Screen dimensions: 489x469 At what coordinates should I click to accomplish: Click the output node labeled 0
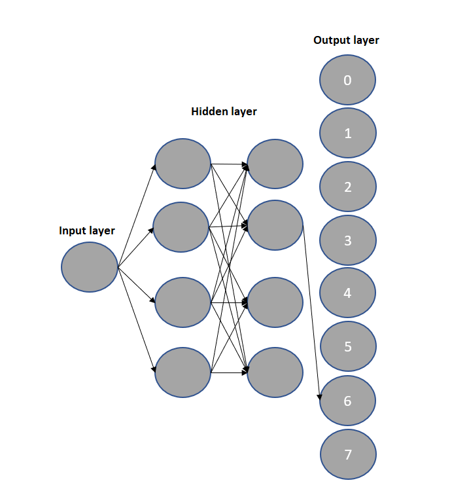point(347,81)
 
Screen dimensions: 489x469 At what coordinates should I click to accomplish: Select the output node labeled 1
point(347,134)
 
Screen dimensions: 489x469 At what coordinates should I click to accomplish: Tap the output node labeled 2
point(347,187)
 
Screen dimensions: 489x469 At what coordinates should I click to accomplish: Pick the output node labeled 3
point(347,240)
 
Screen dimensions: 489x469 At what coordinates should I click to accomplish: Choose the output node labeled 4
point(347,293)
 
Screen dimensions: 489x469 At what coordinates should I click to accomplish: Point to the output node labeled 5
point(347,346)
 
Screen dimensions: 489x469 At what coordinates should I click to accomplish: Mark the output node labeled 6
point(347,400)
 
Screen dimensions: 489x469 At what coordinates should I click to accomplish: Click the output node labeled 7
point(347,454)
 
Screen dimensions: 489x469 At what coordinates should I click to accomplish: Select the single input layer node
point(89,267)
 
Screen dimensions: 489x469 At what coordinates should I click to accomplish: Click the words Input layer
point(87,230)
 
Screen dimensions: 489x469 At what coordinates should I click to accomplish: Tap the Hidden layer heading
point(224,111)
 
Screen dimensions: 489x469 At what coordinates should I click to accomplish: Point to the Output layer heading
point(346,40)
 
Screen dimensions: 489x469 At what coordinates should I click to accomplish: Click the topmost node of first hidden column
point(182,164)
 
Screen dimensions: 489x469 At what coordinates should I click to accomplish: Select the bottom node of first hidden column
point(182,372)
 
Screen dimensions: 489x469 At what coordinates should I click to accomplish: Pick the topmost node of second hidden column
point(275,164)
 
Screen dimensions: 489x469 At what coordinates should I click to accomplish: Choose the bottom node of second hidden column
point(275,372)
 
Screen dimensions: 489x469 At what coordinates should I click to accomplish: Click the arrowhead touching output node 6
point(320,397)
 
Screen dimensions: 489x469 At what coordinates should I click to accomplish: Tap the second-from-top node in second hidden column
point(275,225)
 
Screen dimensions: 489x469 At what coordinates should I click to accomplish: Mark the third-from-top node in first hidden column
point(182,302)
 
